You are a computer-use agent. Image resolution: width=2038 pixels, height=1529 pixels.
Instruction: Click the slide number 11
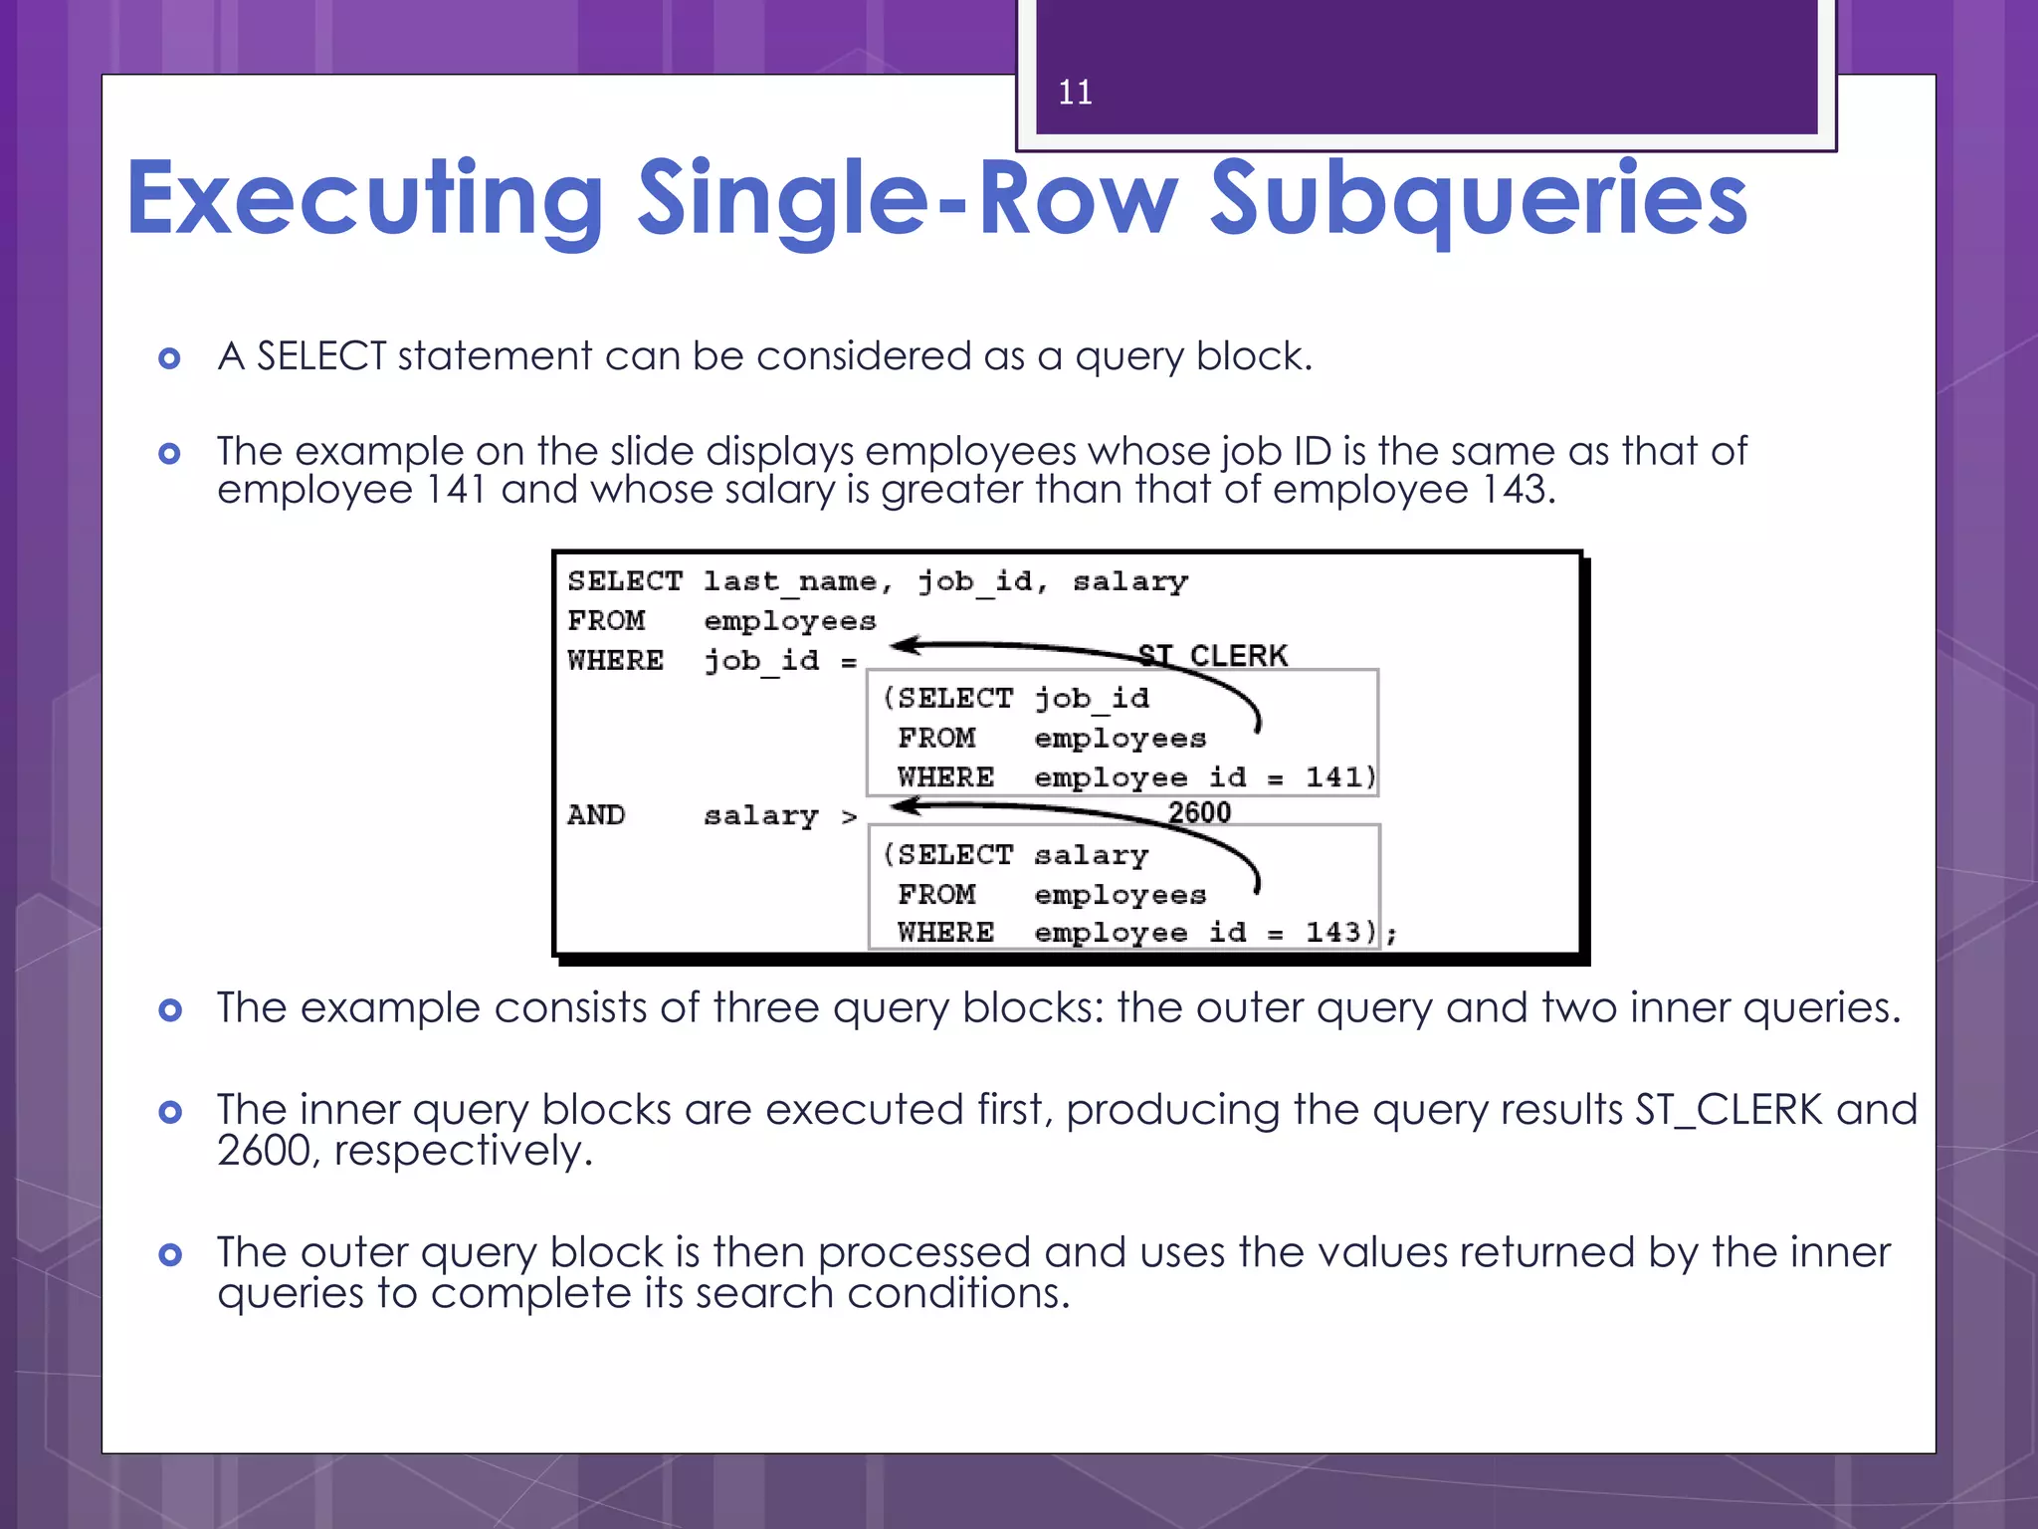pos(1075,93)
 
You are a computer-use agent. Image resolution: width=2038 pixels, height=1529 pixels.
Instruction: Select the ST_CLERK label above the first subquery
pos(1213,655)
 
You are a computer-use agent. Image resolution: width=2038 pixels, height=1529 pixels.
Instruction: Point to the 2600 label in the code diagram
pos(1199,812)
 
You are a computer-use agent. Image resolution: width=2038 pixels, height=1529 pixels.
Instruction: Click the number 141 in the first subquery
pos(1332,776)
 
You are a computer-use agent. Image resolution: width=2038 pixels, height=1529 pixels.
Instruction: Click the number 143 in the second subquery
pos(1332,932)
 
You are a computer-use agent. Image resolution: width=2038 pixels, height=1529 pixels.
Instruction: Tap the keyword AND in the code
pos(596,815)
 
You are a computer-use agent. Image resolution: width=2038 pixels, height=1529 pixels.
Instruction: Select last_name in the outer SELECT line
pos(790,581)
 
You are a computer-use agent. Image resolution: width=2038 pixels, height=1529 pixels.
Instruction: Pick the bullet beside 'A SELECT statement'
pos(170,358)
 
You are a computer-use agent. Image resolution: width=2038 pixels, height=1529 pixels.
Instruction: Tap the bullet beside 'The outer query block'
pos(170,1254)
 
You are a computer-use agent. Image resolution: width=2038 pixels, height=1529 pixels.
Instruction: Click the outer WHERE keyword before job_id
pos(615,660)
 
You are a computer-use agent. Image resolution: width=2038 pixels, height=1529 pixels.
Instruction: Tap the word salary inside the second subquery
pos(1091,855)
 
